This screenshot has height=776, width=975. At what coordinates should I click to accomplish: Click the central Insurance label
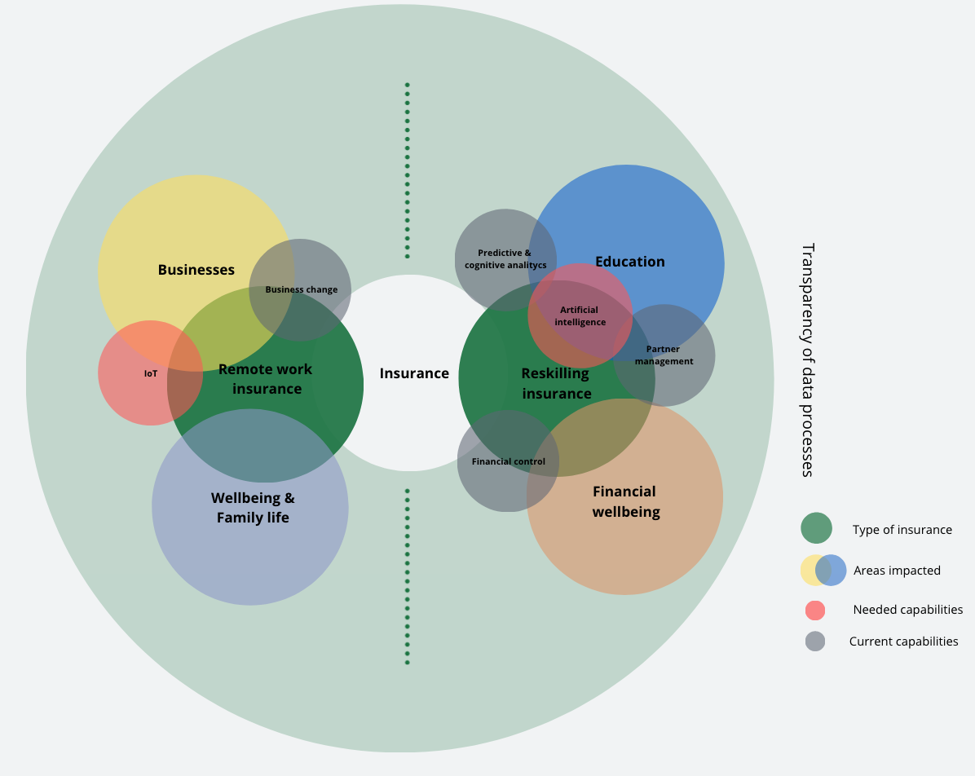[x=414, y=373]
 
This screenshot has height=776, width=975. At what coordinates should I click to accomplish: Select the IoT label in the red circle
[x=151, y=373]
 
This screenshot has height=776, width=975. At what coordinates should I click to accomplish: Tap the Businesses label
[x=196, y=270]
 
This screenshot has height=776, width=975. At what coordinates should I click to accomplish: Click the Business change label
[x=301, y=289]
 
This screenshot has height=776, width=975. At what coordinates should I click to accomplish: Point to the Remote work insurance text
[x=266, y=379]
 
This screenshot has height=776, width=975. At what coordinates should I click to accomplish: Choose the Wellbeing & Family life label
[x=253, y=507]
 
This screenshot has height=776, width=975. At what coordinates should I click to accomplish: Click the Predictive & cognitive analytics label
[x=505, y=259]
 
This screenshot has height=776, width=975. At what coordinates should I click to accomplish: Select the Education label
[x=630, y=262]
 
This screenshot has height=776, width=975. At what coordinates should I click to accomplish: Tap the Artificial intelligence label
[x=580, y=315]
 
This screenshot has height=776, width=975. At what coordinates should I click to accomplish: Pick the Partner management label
[x=664, y=355]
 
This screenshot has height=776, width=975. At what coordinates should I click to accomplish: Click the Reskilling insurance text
[x=556, y=383]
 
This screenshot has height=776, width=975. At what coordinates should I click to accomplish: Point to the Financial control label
[x=508, y=461]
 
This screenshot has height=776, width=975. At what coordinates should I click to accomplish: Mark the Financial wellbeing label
[x=625, y=501]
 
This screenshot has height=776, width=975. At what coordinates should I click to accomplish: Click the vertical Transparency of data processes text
[x=807, y=359]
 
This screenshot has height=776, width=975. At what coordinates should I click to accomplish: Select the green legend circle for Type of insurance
[x=816, y=528]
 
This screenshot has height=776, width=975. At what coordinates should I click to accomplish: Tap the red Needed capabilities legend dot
[x=814, y=610]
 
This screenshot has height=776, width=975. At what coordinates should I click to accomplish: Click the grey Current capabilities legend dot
[x=814, y=642]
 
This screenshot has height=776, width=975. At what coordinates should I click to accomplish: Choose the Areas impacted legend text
[x=897, y=571]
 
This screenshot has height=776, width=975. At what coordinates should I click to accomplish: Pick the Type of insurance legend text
[x=902, y=530]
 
